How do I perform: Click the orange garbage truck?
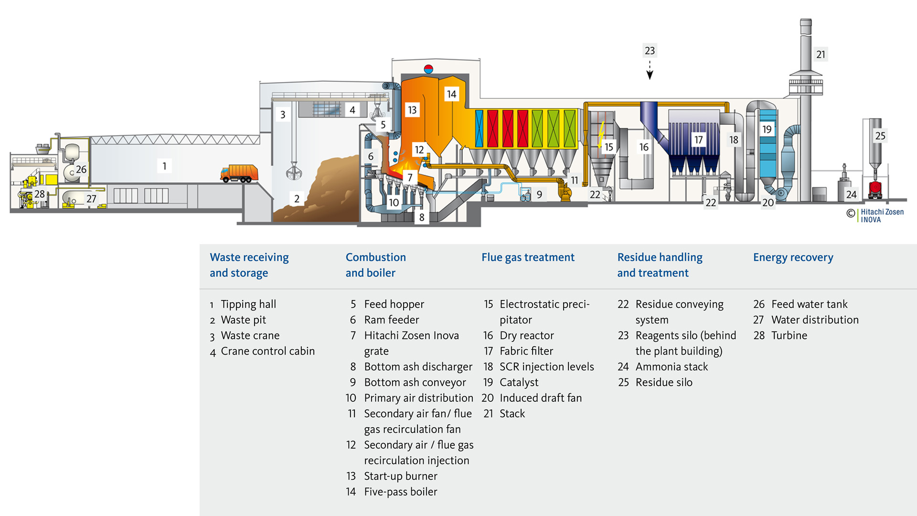point(239,173)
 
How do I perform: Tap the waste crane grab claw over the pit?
point(294,171)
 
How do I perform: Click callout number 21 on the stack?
point(821,54)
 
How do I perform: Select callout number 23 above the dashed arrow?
point(650,51)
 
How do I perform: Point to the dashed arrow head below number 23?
point(650,75)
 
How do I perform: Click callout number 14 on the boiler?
point(451,94)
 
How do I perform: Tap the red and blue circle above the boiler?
point(428,69)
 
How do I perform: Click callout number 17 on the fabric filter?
point(698,140)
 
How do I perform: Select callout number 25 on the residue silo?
point(880,136)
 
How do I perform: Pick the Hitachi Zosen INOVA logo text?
point(882,215)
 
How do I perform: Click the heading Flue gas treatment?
point(528,258)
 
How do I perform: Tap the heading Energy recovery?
point(793,258)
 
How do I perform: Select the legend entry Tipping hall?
point(248,304)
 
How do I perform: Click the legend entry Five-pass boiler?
point(400,492)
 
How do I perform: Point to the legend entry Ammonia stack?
point(672,366)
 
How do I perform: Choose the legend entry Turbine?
point(789,335)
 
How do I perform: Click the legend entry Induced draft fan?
point(541,398)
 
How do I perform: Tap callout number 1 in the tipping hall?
point(164,166)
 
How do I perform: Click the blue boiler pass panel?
point(479,128)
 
